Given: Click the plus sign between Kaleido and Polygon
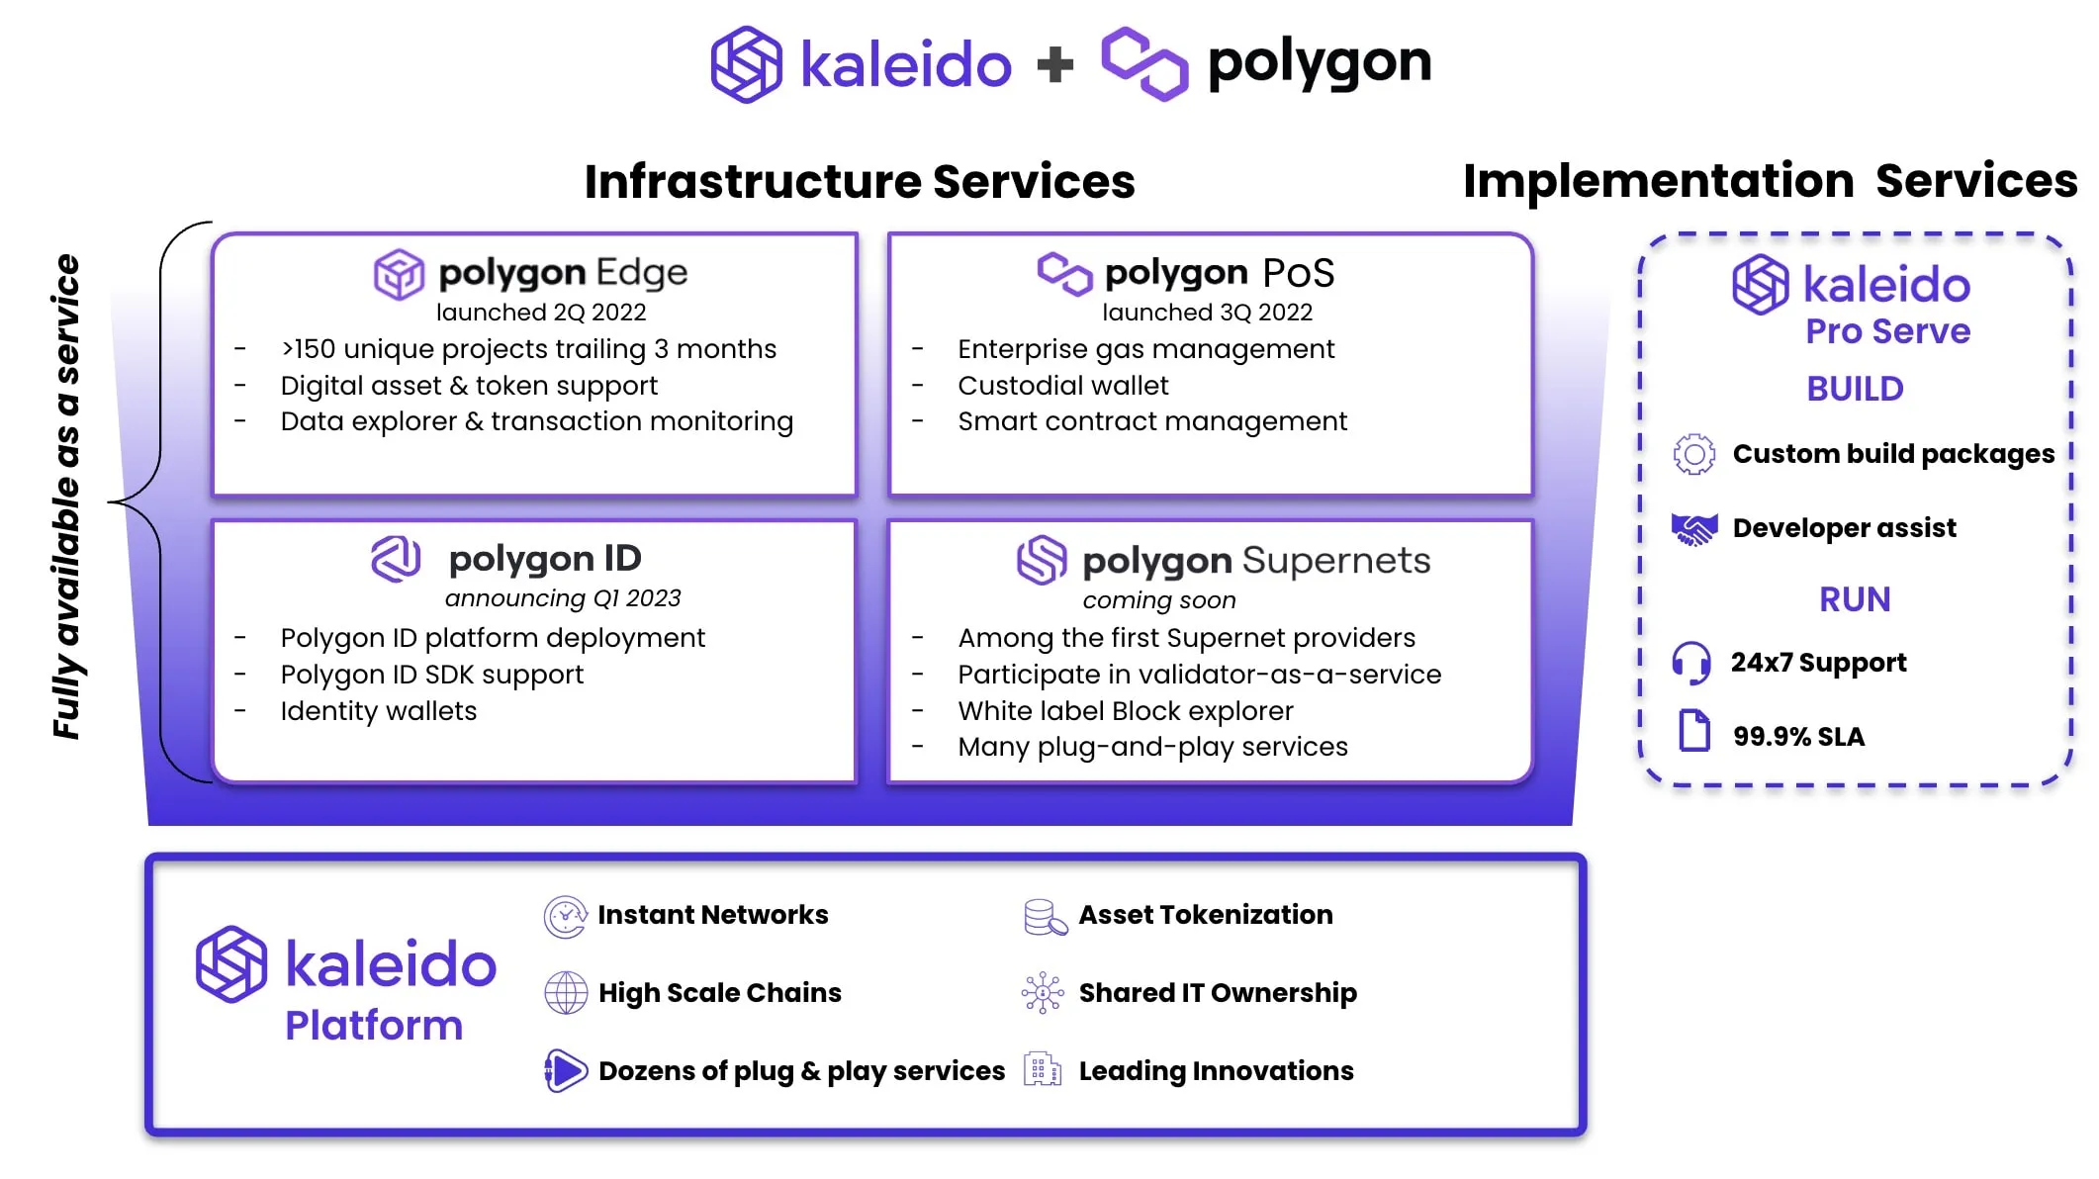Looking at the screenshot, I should [1055, 65].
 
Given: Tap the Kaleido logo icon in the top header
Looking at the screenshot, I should [747, 64].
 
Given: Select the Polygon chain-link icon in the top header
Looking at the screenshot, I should [1144, 63].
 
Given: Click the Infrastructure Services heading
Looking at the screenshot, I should [860, 182].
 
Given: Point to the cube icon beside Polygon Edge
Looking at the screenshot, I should [399, 274].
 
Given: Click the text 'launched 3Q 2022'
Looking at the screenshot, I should [1207, 313].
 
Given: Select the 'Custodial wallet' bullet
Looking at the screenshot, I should [1062, 386].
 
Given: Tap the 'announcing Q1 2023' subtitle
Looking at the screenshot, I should [562, 598].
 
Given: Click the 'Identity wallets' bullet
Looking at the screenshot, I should [378, 711].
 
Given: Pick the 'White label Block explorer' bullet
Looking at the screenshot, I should [1125, 711].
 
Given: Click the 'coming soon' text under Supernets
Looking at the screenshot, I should [1158, 600].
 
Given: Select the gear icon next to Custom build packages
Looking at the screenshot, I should [1693, 454].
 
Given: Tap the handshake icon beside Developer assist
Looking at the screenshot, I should [1693, 529].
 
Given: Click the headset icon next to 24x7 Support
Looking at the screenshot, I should [1691, 663].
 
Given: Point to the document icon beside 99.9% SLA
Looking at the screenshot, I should [1694, 732].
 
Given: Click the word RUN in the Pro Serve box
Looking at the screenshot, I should [1855, 599].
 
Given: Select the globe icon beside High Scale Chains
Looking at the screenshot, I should [566, 992].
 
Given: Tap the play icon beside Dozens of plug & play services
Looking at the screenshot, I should [566, 1071].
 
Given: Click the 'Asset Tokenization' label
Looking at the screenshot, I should [1205, 915].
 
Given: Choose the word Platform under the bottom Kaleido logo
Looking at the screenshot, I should [374, 1026].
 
